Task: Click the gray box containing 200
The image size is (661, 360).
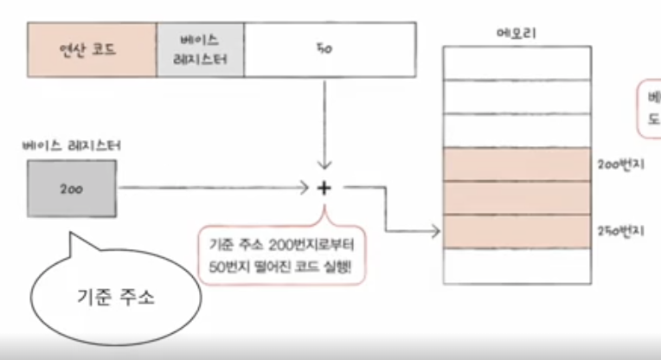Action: (71, 188)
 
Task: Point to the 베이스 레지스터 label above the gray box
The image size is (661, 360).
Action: (71, 146)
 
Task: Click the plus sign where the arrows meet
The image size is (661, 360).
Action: (324, 187)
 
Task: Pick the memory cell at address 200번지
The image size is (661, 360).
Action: (515, 164)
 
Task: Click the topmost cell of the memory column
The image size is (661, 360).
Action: (515, 61)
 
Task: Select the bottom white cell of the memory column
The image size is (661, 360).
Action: (515, 266)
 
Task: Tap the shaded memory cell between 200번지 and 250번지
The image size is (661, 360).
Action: (515, 198)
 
